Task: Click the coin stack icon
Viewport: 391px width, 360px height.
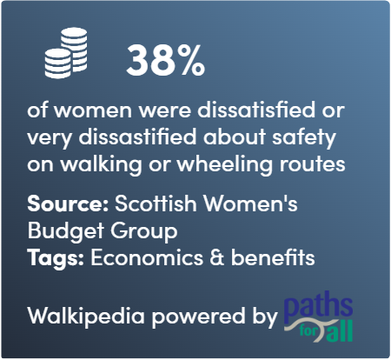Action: coord(66,53)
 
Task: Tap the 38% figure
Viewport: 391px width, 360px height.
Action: coord(166,61)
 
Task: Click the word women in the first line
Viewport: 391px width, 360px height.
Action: coord(94,110)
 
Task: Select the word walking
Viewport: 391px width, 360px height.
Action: coord(101,164)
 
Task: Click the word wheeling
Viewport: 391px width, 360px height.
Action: coord(225,164)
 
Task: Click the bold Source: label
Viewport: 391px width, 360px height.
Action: coord(68,203)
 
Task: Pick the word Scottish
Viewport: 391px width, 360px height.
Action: coord(156,203)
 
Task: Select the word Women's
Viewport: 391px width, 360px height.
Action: coord(251,203)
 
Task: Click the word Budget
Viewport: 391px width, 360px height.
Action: coord(66,231)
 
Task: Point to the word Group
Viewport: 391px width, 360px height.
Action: coord(144,231)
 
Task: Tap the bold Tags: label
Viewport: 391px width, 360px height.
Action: coord(56,258)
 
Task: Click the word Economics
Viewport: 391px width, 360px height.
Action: coord(147,257)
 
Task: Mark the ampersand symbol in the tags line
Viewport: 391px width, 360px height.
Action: coord(217,257)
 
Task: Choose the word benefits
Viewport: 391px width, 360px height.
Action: coord(273,257)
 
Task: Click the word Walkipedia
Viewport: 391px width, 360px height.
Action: coord(86,316)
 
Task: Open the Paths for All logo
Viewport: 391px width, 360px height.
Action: coord(318,317)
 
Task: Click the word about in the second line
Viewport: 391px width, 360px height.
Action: coord(235,137)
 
